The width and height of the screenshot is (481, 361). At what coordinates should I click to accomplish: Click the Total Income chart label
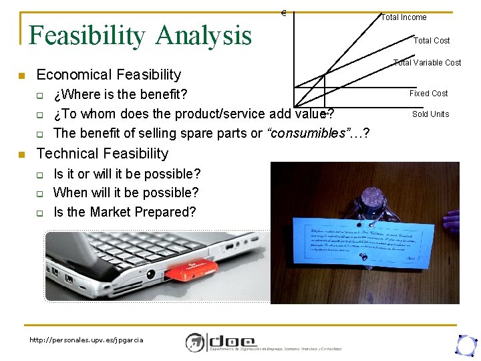tap(404, 17)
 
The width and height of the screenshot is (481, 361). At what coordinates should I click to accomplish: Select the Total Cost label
tap(432, 41)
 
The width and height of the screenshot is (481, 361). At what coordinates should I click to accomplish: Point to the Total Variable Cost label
tap(427, 63)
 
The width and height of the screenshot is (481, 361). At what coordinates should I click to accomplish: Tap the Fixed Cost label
tap(428, 94)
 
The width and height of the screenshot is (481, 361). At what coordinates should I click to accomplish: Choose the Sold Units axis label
tap(430, 114)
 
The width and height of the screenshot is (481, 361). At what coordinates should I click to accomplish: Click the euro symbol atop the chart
tap(284, 13)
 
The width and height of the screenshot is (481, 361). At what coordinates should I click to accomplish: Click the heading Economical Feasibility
tap(108, 74)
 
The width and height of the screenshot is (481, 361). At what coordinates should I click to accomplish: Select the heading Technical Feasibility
tap(102, 153)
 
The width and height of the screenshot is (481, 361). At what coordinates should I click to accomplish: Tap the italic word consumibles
tap(304, 133)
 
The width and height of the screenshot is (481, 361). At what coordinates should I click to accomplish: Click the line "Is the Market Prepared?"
tap(124, 212)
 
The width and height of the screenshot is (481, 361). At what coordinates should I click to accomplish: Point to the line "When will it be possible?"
tap(126, 193)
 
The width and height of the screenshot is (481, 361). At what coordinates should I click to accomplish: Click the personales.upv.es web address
tap(86, 340)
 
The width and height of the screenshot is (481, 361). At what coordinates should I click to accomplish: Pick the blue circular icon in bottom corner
tap(465, 344)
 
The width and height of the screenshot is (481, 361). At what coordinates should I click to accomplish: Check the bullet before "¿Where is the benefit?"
tap(40, 94)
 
